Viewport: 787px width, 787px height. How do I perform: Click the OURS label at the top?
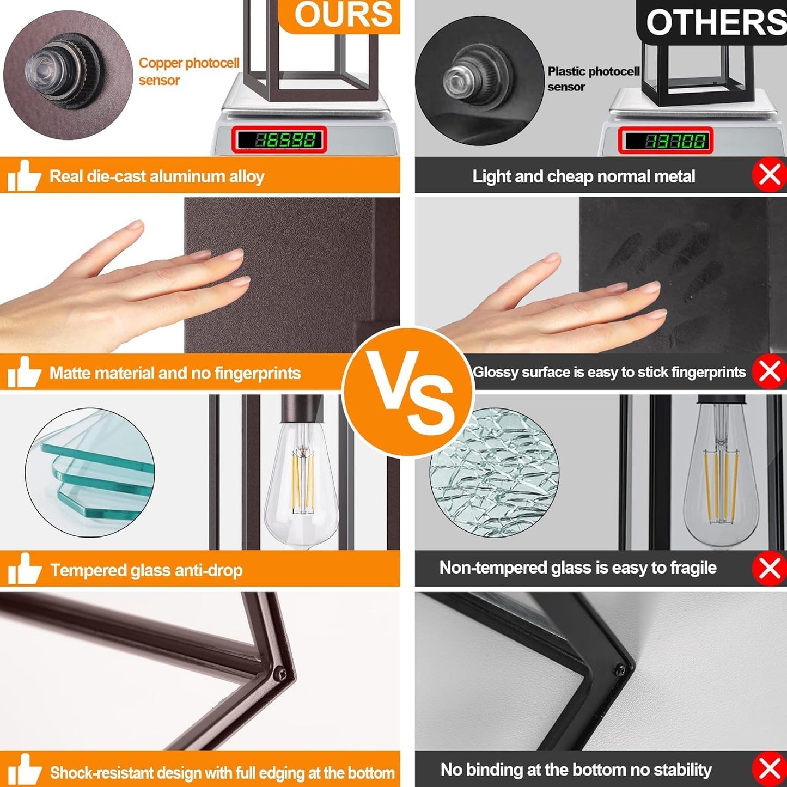coord(343,15)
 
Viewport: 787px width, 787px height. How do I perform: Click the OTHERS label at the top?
coord(716,22)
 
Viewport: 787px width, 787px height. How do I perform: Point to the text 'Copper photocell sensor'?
coord(188,71)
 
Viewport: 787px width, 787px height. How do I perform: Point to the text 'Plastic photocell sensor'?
coord(594,79)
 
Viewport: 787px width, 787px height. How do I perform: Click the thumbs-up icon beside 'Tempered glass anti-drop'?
coord(24,569)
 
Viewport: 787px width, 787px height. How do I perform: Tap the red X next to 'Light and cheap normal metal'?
coord(770,175)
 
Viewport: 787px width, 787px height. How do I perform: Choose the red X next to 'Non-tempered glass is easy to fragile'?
coord(770,568)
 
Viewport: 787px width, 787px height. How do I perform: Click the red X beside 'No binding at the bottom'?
coord(770,770)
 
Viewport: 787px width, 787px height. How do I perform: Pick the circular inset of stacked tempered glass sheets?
coord(90,473)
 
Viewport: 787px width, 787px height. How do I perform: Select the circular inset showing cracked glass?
coord(494,473)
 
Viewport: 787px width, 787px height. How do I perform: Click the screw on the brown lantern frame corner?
coord(280,674)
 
